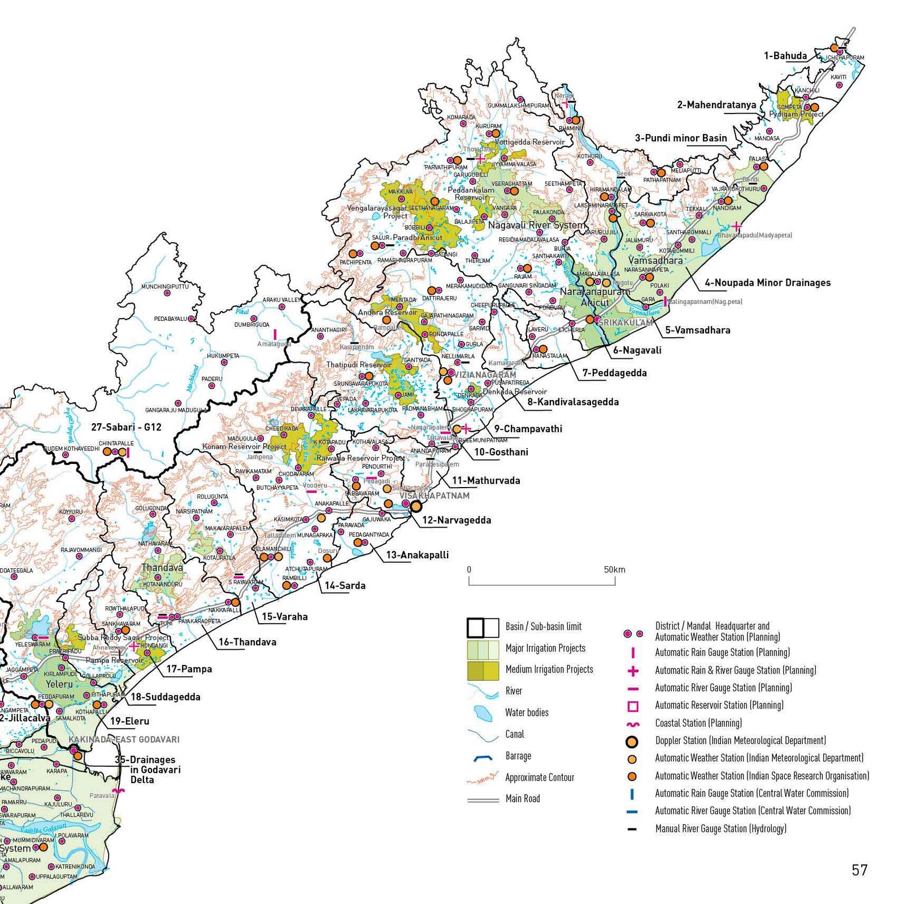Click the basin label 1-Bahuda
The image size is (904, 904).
pos(785,56)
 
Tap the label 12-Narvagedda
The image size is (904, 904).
pos(457,520)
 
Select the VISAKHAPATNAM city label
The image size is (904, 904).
pos(434,496)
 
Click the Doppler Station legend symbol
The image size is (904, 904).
pos(632,741)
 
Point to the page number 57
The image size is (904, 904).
pos(859,870)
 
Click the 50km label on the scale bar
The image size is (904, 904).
pos(614,570)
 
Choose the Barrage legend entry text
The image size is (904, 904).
pos(518,756)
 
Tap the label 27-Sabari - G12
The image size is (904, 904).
pos(126,427)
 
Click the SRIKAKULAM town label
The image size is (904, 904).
pos(625,323)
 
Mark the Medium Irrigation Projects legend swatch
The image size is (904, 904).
pos(483,670)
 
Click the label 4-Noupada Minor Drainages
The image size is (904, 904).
pos(767,282)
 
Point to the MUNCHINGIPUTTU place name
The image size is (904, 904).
pos(164,286)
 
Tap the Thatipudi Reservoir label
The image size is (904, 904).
pos(359,365)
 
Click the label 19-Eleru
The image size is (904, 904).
pos(129,721)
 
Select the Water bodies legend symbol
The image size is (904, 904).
pos(483,713)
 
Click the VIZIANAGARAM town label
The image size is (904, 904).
pos(485,375)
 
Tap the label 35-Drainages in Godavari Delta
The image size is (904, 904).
pos(147,770)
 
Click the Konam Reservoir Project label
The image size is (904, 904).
pos(244,446)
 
